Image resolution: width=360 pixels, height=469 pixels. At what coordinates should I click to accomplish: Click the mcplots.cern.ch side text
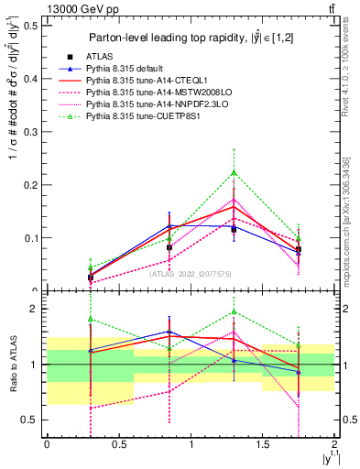345,220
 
